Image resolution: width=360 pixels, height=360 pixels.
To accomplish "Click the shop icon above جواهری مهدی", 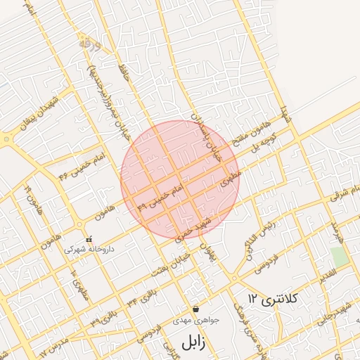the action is pyautogui.click(x=195, y=309).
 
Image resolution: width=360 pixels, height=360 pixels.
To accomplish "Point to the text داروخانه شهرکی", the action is pyautogui.click(x=89, y=250).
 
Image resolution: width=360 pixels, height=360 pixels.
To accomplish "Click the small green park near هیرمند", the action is pyautogui.click(x=340, y=257).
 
